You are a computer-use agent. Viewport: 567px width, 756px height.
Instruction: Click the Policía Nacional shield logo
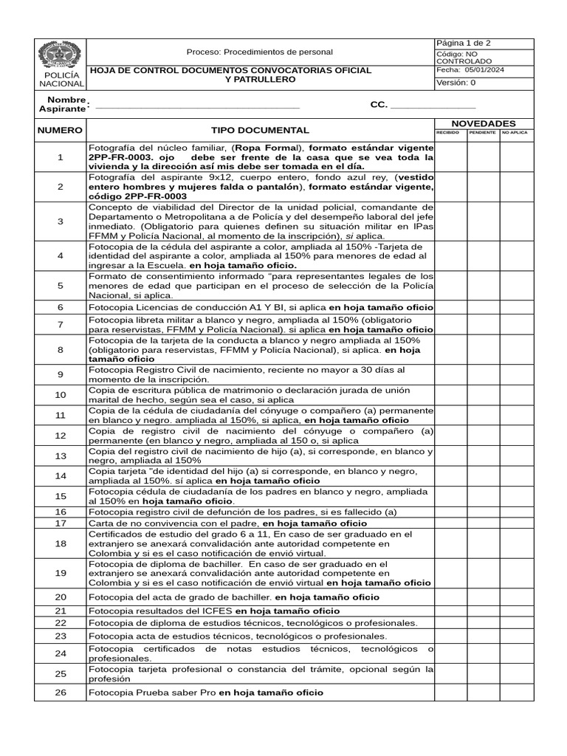pos(60,56)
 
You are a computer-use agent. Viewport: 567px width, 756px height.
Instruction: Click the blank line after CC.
pos(433,108)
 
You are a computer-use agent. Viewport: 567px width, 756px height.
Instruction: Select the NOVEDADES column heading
pos(483,123)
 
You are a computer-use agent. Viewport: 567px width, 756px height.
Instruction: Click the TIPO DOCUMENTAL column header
pos(260,129)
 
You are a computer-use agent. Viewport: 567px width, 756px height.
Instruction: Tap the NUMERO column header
pos(60,129)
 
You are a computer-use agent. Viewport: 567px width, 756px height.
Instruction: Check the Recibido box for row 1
pos(450,157)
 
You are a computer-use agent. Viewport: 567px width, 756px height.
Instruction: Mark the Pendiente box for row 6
pos(483,306)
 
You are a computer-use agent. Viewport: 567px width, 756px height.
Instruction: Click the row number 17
pos(61,523)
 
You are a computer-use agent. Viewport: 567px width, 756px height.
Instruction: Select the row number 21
pos(61,611)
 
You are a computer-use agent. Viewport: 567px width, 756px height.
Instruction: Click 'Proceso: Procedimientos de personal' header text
pos(259,52)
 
